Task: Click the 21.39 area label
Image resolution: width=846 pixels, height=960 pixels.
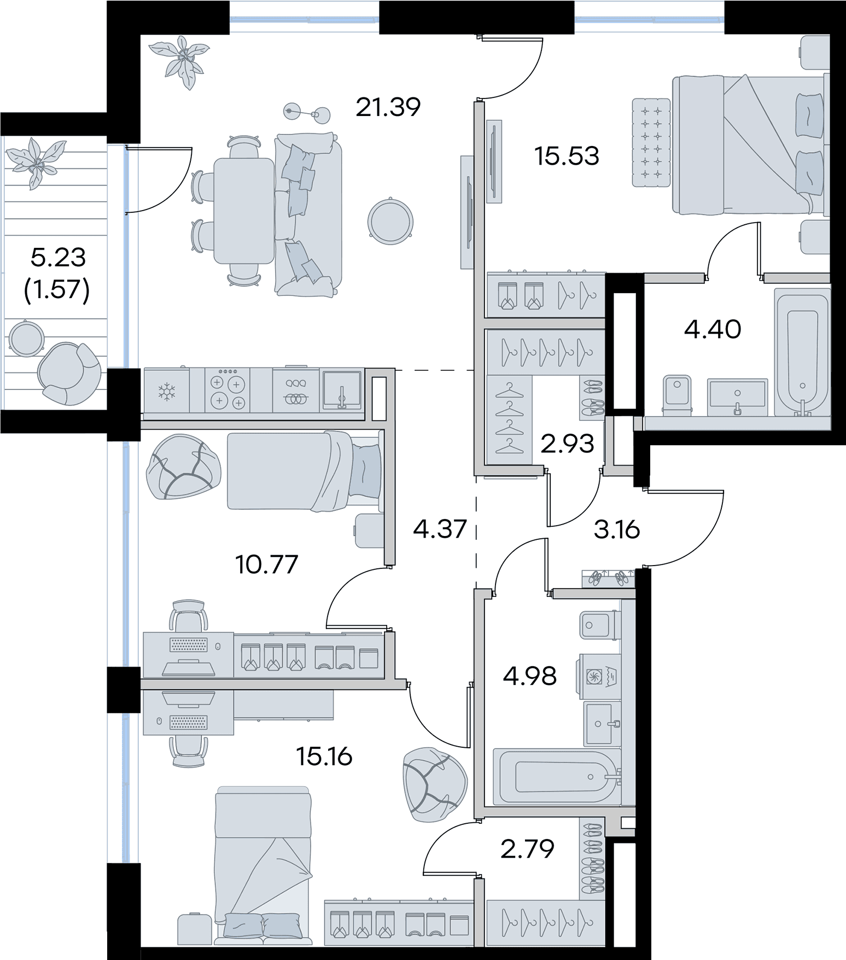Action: click(388, 107)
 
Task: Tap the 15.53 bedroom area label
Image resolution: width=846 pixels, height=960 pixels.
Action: click(567, 156)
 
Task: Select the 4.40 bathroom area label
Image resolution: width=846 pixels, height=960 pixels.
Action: click(713, 329)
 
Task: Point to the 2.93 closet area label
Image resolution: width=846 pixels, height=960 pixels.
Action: click(567, 444)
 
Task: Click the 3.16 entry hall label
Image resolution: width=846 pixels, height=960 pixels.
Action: click(616, 530)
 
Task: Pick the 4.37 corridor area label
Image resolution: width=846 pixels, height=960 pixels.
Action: click(440, 529)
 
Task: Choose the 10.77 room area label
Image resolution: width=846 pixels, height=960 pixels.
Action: click(266, 565)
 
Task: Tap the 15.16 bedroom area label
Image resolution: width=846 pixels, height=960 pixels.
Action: click(324, 757)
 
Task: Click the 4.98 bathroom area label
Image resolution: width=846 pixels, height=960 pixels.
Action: click(530, 676)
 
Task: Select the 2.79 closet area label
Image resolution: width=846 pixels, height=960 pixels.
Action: click(527, 848)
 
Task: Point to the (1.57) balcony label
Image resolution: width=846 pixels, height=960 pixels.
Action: click(57, 290)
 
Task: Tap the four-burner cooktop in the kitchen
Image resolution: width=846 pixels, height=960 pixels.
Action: click(228, 390)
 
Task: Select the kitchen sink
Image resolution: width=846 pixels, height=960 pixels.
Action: click(342, 390)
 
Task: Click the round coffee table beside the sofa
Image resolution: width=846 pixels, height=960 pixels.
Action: click(390, 221)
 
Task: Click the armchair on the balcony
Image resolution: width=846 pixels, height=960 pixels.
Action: click(69, 374)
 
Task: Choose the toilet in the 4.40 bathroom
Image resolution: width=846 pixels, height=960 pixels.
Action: click(676, 393)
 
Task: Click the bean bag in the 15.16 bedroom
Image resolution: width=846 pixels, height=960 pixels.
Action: click(435, 784)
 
